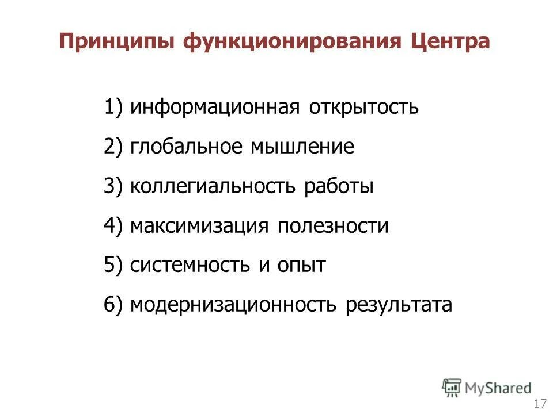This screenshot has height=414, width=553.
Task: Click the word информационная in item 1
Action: (214, 108)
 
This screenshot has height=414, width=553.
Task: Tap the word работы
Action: (339, 187)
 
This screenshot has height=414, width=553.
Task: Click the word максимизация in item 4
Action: (199, 226)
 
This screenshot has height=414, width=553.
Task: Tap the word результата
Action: (399, 305)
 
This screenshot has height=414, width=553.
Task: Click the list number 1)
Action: (113, 108)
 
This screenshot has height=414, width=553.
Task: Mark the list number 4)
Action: (113, 226)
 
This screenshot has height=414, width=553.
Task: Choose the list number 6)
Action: (113, 305)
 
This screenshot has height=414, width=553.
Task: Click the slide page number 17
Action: (540, 402)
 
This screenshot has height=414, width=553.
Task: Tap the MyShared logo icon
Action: (452, 387)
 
